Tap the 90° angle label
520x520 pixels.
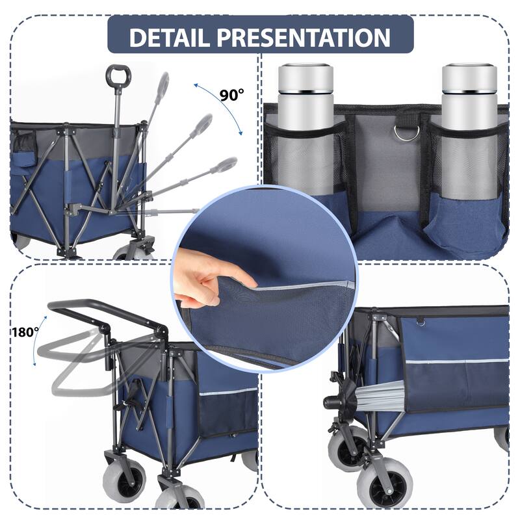(231, 95)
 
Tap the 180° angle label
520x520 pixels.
(25, 331)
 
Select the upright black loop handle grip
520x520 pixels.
(118, 76)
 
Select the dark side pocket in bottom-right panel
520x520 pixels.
(455, 383)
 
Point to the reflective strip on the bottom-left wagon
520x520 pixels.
(227, 392)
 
